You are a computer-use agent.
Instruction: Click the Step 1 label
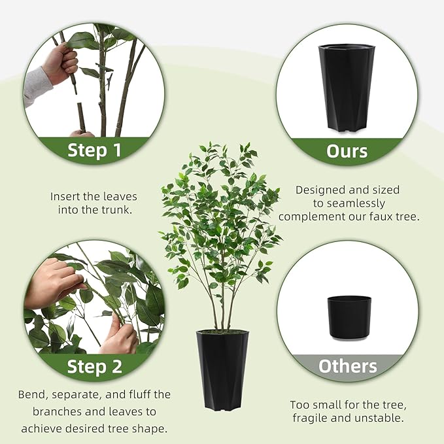click(x=94, y=150)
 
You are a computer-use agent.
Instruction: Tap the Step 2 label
click(x=94, y=366)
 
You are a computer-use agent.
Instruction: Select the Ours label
click(x=347, y=151)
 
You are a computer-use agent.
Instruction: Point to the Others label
click(x=347, y=366)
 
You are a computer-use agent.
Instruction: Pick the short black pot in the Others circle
click(x=349, y=317)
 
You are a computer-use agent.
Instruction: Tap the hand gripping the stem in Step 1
click(x=60, y=65)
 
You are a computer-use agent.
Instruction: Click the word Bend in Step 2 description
click(x=33, y=394)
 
